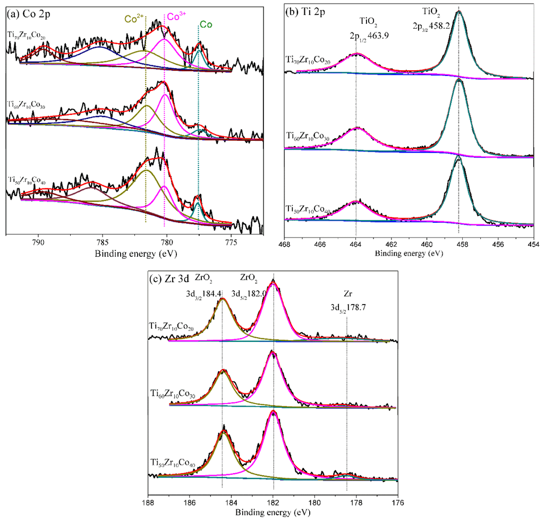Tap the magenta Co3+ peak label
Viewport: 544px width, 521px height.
176,17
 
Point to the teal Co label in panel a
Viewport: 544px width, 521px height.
206,24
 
